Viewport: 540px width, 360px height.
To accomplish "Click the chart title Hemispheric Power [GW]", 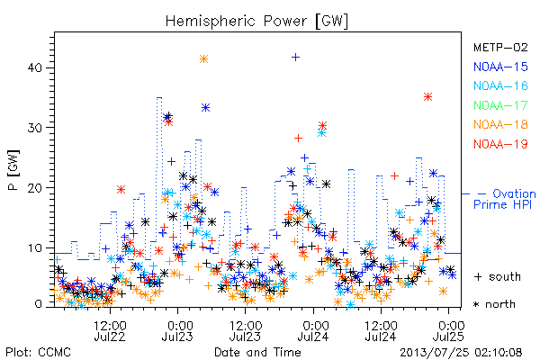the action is click(256, 21).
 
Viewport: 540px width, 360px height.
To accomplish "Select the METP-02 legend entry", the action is click(500, 47).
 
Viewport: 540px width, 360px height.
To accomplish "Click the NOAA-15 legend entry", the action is click(500, 67).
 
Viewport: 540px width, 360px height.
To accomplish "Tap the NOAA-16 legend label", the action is click(500, 85).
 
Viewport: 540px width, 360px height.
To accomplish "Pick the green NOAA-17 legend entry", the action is click(500, 105).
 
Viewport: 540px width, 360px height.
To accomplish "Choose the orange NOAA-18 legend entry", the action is click(500, 124).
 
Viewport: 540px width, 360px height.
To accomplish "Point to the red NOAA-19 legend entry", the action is click(500, 144).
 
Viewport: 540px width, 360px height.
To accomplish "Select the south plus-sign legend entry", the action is click(497, 276).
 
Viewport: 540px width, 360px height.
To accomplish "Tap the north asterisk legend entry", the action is click(494, 304).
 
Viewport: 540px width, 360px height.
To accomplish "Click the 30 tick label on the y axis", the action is click(35, 128).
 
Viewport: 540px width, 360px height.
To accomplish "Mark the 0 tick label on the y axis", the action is click(38, 304).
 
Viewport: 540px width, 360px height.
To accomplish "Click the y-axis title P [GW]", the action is click(13, 170).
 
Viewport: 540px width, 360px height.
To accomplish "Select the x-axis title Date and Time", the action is click(257, 352).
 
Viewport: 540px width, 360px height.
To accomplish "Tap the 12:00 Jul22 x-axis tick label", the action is click(110, 330).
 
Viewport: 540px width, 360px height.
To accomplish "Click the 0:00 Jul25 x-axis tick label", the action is click(448, 330).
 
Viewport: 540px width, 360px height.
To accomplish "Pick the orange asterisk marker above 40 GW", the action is click(203, 58).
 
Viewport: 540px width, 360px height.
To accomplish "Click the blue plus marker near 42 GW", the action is click(295, 58).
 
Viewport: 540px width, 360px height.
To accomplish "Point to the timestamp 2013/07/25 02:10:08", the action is click(461, 353).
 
